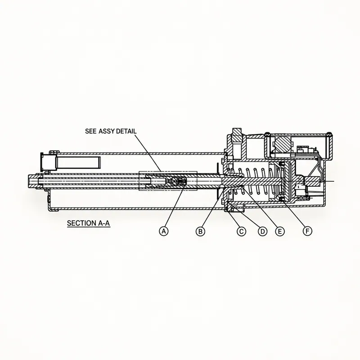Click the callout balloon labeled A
(x=164, y=231)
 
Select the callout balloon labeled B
(x=200, y=231)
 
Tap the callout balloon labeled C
(x=241, y=231)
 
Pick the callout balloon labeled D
(x=262, y=231)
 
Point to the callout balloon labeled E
(x=279, y=231)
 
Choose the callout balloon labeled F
(x=307, y=231)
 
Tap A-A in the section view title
(x=104, y=223)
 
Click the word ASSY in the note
(x=107, y=131)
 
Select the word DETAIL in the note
(x=126, y=131)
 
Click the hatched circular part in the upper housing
(x=283, y=144)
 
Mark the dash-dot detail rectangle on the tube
(x=168, y=181)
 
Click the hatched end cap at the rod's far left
(x=33, y=181)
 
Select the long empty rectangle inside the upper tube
(x=78, y=162)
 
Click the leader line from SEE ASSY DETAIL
(x=148, y=153)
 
